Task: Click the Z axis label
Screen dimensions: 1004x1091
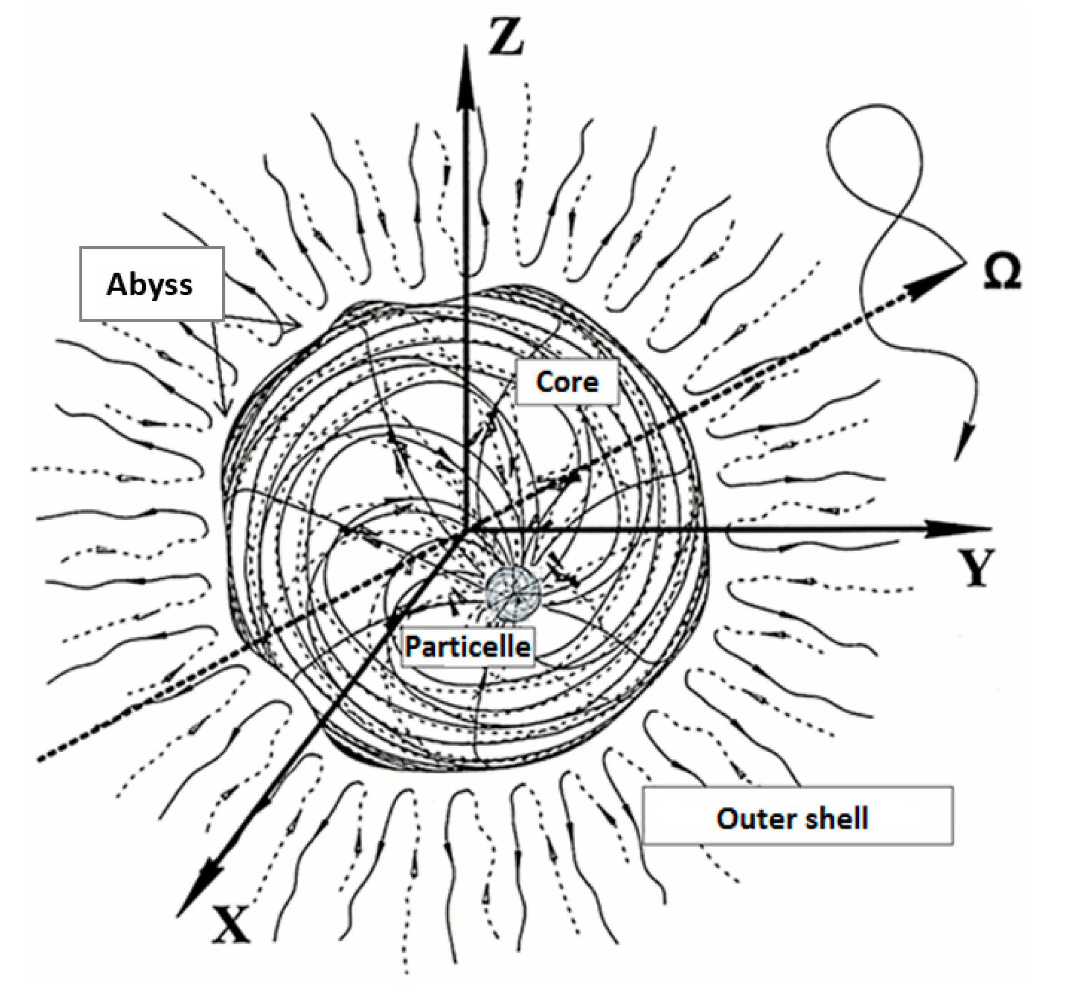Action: (506, 37)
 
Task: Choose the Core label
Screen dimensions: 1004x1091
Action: (567, 382)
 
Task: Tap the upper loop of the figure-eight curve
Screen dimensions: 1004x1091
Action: (875, 141)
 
